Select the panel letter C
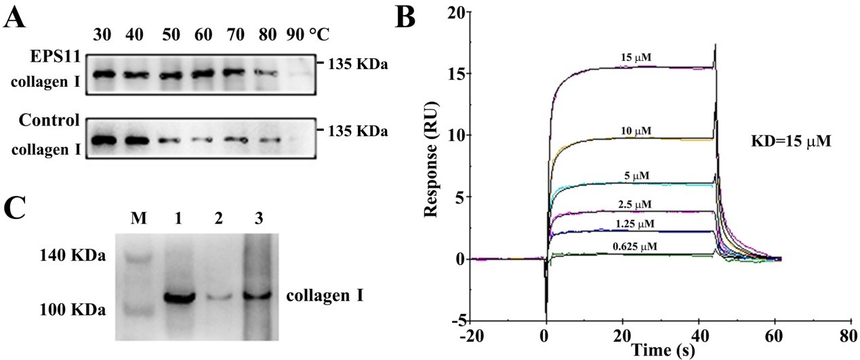(16, 206)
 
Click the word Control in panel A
(51, 121)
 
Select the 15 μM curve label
(636, 58)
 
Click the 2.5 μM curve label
(634, 203)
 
